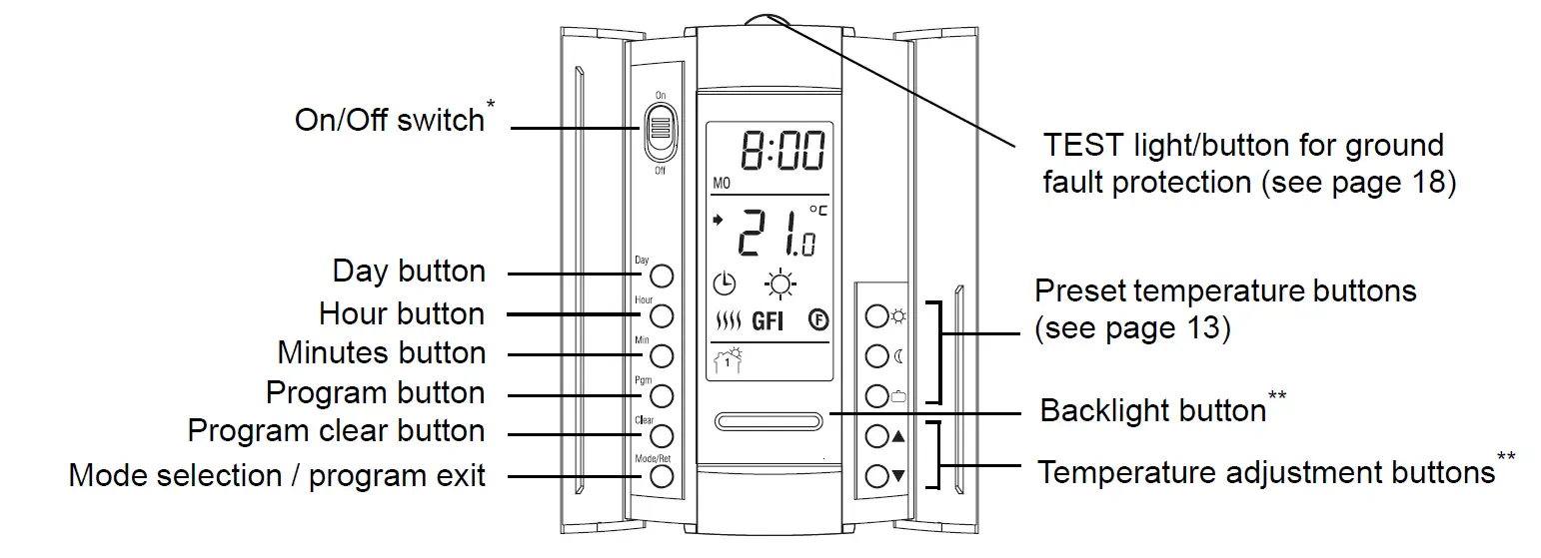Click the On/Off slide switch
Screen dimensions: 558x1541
660,132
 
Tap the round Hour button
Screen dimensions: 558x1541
661,315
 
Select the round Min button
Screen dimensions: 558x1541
661,355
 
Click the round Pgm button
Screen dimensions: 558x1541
661,395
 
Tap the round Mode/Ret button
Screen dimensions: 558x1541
661,475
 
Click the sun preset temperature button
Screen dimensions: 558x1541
876,316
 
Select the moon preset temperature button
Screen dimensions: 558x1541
876,355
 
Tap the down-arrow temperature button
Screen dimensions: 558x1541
876,475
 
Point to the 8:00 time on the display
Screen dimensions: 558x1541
781,153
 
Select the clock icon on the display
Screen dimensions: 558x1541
724,283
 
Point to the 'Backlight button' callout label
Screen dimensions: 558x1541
1153,411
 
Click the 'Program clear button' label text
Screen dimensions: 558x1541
336,431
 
